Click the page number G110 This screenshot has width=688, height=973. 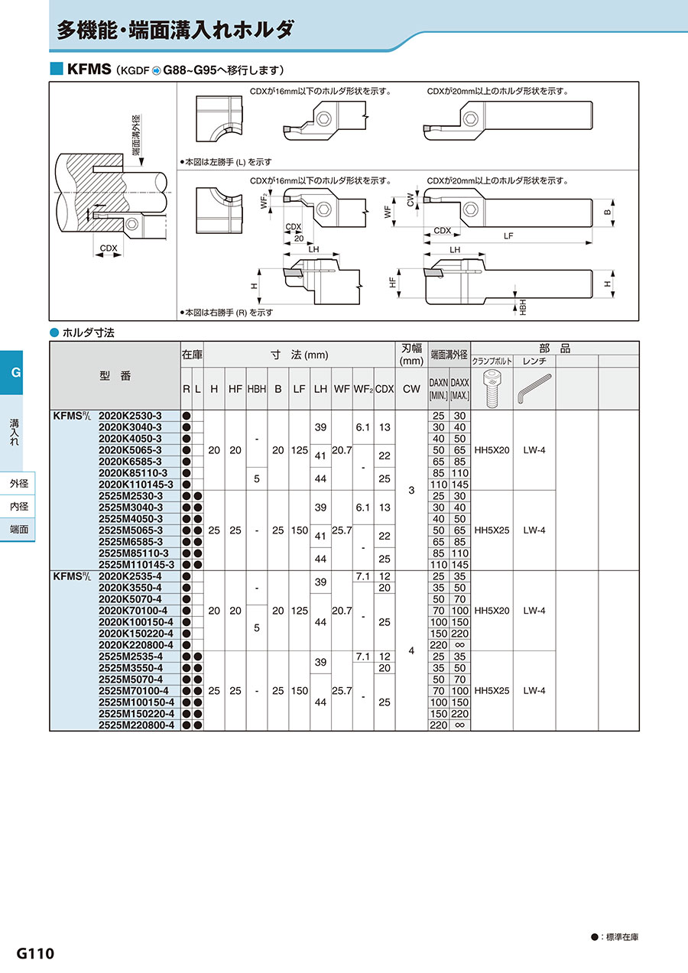[x=35, y=954]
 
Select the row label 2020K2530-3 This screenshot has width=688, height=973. [x=130, y=416]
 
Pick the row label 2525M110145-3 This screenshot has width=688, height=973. [x=137, y=564]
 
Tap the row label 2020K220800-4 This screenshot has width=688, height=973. [x=136, y=644]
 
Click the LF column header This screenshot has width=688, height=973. [x=300, y=388]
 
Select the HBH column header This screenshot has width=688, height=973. [x=256, y=388]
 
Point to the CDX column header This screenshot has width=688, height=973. [x=384, y=388]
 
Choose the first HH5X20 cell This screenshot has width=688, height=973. [x=491, y=450]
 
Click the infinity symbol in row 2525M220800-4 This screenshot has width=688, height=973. [x=459, y=725]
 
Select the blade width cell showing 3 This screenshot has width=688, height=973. [x=411, y=490]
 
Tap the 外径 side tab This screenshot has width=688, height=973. [x=19, y=484]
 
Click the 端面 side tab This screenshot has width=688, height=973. [x=19, y=529]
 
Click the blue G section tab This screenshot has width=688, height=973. [x=15, y=374]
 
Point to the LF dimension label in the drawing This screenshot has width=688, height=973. [x=508, y=237]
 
